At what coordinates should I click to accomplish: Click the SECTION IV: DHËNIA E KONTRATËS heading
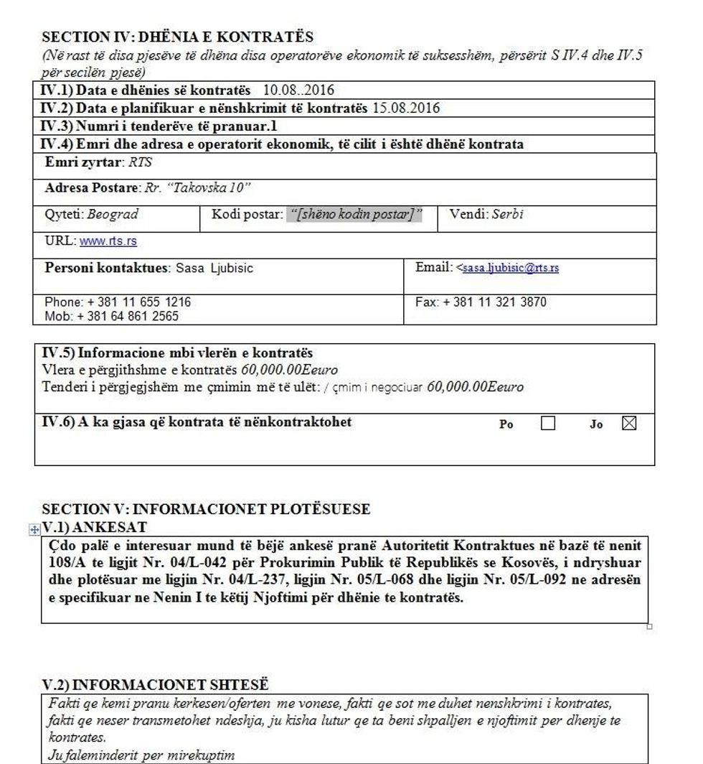177,37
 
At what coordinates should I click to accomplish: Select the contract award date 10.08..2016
298,90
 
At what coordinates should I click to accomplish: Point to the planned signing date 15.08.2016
406,108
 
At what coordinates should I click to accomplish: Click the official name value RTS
141,163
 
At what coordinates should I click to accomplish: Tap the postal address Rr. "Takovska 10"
197,188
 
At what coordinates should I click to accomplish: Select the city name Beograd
113,214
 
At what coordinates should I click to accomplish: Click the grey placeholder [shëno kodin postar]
354,214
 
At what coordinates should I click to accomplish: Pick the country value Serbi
507,214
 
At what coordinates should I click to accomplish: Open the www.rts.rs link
108,241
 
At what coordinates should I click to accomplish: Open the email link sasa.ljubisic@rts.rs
511,268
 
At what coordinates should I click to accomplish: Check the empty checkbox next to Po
548,424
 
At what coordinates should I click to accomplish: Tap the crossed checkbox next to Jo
629,424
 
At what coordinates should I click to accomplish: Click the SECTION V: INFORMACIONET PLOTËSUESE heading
206,510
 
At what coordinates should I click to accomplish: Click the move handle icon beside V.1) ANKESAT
33,530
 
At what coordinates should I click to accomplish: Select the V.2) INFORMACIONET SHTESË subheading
155,684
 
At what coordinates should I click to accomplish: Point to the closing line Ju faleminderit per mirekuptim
141,755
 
